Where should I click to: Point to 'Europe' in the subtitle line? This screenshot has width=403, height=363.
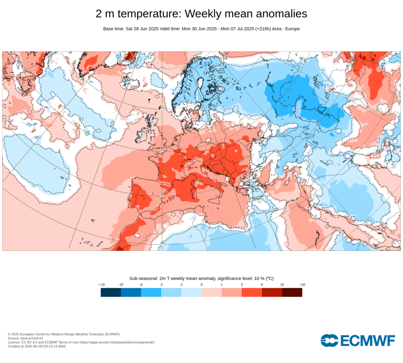[293, 29]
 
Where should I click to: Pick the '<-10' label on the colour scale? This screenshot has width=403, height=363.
[102, 285]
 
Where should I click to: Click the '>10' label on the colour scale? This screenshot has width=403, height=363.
[302, 285]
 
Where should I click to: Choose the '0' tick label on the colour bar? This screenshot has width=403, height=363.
[201, 285]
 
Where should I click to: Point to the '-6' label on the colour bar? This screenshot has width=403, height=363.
[141, 285]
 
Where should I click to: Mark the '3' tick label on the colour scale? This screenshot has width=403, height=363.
[242, 285]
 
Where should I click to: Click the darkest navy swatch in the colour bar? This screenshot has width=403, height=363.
[111, 292]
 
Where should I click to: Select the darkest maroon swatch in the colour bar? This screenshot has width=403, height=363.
[292, 292]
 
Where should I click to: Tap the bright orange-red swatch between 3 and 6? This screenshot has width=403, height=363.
[252, 292]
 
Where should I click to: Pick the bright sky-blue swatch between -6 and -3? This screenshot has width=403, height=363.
[151, 292]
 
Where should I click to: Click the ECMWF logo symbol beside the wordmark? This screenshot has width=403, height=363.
[329, 340]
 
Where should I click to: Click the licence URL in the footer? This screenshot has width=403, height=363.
[117, 342]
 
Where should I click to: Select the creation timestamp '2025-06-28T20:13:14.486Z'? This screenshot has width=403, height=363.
[45, 346]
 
